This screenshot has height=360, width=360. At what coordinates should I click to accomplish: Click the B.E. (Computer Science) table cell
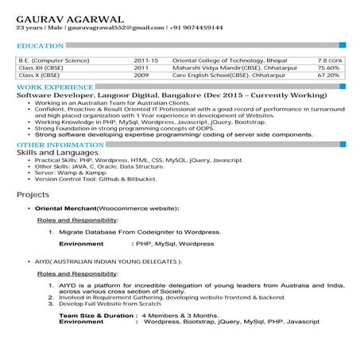coord(53,60)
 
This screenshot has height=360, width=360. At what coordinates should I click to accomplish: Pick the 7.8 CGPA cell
coord(330,60)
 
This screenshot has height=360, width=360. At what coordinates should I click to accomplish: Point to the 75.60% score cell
coord(328,68)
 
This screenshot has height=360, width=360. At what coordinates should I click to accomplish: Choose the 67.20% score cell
coord(328,75)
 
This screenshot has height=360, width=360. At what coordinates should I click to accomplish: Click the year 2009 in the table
coord(141,75)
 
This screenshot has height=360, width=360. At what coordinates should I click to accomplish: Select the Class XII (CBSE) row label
coord(41,68)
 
